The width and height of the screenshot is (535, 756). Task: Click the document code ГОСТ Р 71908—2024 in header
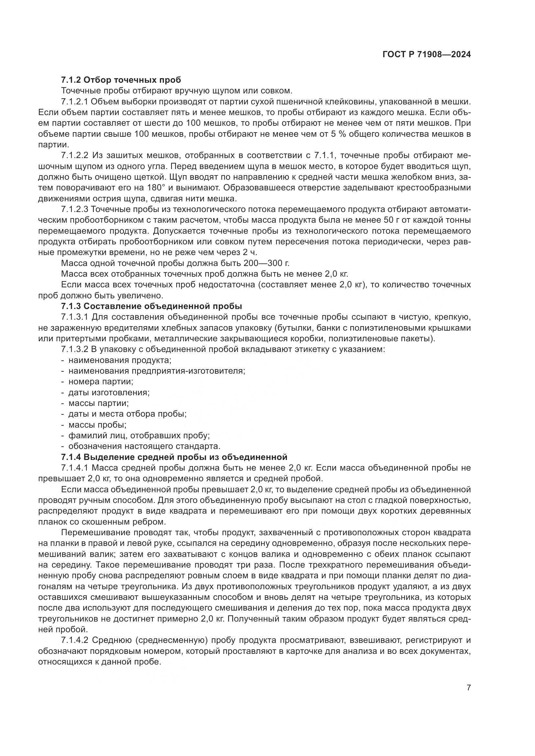(x=427, y=55)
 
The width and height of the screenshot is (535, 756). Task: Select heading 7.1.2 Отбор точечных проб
(x=121, y=80)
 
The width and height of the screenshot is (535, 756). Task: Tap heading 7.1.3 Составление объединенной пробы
(x=151, y=306)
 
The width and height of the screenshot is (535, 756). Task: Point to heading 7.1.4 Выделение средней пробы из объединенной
(x=174, y=457)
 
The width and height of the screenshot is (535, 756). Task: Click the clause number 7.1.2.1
(x=75, y=101)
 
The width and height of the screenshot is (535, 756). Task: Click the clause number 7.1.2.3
(x=75, y=209)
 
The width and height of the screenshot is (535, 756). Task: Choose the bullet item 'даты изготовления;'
(x=109, y=392)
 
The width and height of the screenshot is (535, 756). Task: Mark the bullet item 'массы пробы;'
(x=97, y=425)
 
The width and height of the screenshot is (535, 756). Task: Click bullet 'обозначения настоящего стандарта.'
(x=144, y=446)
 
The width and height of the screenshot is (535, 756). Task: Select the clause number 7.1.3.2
(x=75, y=349)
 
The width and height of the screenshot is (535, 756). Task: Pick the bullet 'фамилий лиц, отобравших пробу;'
(x=139, y=436)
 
